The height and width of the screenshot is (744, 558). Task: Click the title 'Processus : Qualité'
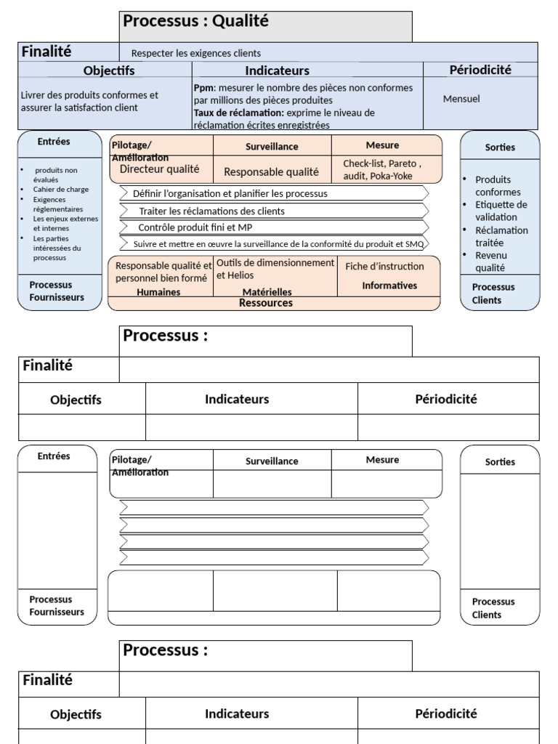pos(196,21)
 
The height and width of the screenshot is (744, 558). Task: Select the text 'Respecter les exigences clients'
pos(195,53)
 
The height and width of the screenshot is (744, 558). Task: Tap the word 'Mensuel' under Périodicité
pos(461,99)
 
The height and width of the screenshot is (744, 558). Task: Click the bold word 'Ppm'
pos(203,88)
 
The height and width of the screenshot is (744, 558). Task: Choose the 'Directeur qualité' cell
pos(159,169)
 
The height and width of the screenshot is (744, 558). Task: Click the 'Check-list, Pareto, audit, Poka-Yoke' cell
pos(382,169)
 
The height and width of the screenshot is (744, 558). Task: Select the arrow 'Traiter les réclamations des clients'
pos(211,211)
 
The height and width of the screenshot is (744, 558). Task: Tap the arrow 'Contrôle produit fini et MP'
pos(195,227)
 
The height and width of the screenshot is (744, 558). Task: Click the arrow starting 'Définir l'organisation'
pos(230,194)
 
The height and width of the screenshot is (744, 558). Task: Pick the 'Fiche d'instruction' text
pos(384,267)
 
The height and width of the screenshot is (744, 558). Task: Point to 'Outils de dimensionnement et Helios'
pos(275,269)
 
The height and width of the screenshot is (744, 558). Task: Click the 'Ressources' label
pos(266,303)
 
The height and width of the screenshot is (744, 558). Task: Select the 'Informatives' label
pos(390,286)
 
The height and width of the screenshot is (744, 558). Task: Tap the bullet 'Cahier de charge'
pos(60,190)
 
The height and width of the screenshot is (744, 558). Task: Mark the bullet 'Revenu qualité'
pos(491,262)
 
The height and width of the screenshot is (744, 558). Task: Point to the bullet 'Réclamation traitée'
pos(501,237)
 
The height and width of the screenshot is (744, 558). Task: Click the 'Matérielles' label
pos(267,292)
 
